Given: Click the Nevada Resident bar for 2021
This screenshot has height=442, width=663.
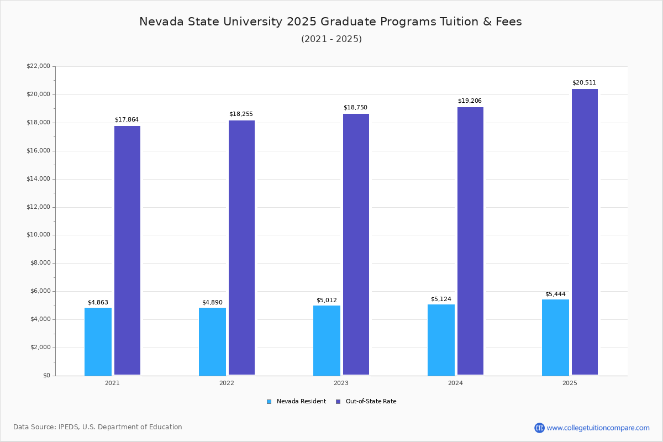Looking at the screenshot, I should pyautogui.click(x=98, y=341).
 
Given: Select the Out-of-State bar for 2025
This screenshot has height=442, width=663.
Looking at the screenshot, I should pyautogui.click(x=585, y=232).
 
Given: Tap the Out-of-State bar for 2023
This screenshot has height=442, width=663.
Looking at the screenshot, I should pyautogui.click(x=356, y=244).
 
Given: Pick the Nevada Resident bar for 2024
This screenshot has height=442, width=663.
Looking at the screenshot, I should pyautogui.click(x=441, y=340).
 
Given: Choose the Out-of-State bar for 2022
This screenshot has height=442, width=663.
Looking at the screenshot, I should pyautogui.click(x=241, y=248).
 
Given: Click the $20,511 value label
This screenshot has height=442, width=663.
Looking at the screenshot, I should pyautogui.click(x=584, y=83).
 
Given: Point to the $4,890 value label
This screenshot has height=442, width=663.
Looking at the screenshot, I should pyautogui.click(x=212, y=303).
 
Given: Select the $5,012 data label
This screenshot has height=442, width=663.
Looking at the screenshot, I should pyautogui.click(x=327, y=301).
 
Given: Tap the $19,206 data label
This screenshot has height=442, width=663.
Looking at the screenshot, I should pyautogui.click(x=470, y=101).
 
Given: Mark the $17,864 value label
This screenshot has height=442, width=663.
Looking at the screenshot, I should pyautogui.click(x=127, y=120).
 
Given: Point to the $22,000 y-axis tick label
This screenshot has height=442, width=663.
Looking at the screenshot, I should pyautogui.click(x=38, y=66).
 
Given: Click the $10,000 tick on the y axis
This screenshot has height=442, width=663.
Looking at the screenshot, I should pyautogui.click(x=38, y=235).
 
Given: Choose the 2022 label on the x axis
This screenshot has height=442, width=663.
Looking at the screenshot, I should pyautogui.click(x=227, y=383).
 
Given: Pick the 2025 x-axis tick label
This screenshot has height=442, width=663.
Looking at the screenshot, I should pyautogui.click(x=570, y=383).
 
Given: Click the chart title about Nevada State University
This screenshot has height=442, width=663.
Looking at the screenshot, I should pyautogui.click(x=330, y=22).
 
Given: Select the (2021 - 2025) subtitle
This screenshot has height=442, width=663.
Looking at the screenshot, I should pyautogui.click(x=331, y=39).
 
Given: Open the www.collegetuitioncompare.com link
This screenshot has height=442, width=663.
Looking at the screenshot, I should pyautogui.click(x=598, y=428).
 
